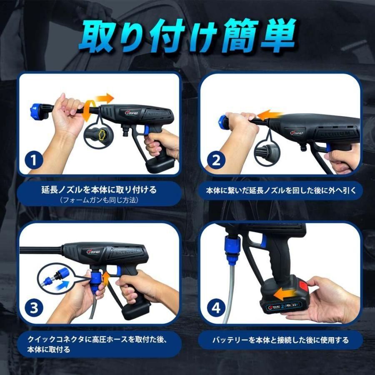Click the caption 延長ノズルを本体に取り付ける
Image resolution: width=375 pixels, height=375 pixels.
99,190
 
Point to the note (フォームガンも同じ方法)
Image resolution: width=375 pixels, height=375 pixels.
99,200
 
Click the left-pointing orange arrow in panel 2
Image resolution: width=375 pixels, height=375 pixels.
269,114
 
